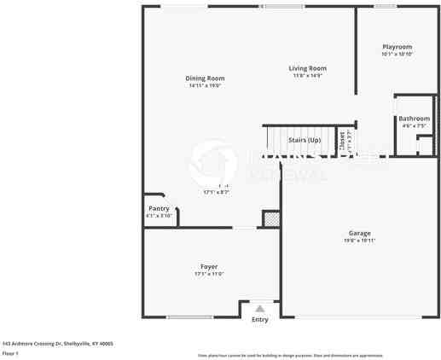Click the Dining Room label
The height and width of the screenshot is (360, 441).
(205, 78)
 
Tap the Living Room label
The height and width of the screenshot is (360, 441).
(307, 68)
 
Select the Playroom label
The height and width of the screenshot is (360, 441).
(397, 47)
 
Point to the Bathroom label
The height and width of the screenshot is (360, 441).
(414, 119)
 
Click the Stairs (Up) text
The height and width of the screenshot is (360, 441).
(304, 139)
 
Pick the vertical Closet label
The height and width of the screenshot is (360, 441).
(341, 140)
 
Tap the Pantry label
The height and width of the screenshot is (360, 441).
(159, 208)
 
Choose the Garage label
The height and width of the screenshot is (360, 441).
(359, 233)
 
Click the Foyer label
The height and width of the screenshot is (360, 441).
(208, 267)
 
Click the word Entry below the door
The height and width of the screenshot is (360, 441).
(260, 320)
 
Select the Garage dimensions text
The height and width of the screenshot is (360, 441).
(359, 241)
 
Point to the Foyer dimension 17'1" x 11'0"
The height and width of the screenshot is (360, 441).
(208, 274)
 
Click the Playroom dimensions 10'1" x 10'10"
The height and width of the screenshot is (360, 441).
(397, 54)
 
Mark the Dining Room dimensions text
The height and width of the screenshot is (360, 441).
(205, 85)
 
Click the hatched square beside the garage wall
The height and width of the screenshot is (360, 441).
(270, 219)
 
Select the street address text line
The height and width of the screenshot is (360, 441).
(57, 344)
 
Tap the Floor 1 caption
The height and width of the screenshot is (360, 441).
(10, 353)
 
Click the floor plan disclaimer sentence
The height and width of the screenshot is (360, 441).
(290, 355)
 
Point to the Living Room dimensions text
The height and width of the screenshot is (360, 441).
(307, 75)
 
